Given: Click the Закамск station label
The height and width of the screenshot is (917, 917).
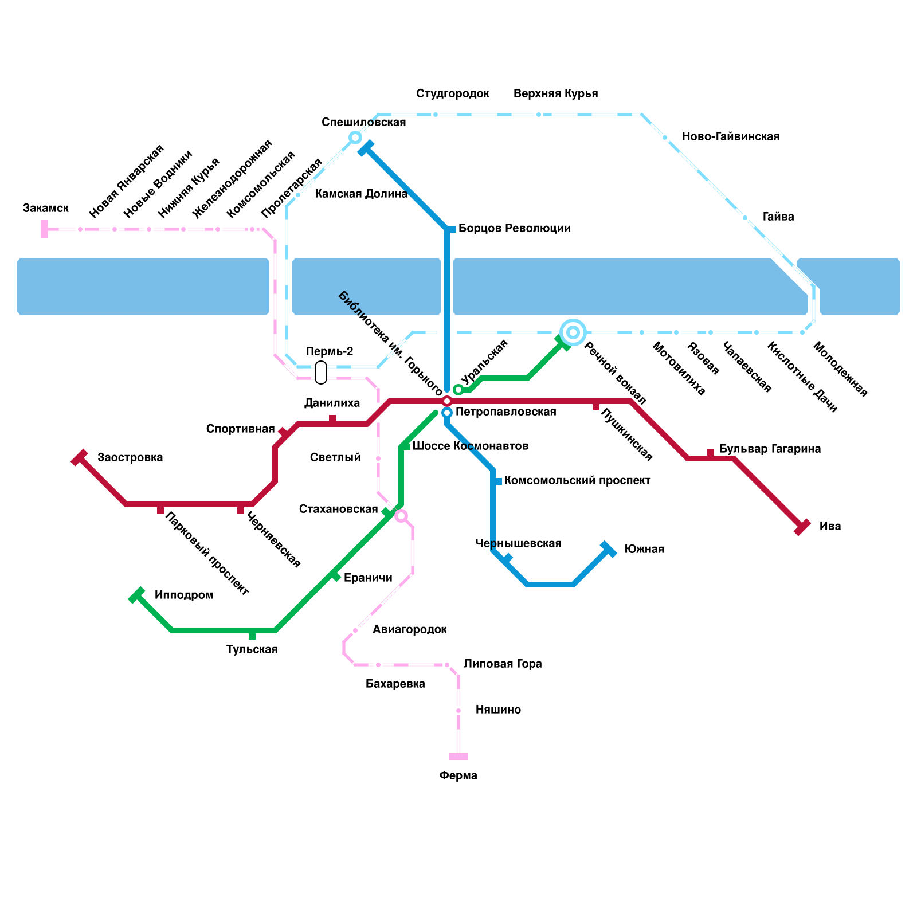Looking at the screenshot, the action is pos(46,208).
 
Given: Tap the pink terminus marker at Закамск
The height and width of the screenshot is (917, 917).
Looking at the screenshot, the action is pos(44,229).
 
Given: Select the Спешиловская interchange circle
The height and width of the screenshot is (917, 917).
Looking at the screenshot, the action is pos(355,138).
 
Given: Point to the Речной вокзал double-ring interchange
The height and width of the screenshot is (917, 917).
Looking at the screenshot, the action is pos(573,332).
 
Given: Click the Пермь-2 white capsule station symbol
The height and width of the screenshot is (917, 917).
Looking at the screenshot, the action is pos(321,372).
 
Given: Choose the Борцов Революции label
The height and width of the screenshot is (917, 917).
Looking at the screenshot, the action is pos(514,229).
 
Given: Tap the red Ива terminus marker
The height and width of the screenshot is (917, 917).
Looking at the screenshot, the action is pos(802,527).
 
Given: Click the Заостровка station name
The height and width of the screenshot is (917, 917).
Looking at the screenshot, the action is pos(130,457).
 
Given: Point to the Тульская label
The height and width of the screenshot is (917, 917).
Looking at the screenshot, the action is pos(252,649).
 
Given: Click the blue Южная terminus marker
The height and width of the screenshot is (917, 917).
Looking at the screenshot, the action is pos(608,549).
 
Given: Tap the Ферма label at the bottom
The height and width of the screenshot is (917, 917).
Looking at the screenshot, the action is pos(458,775).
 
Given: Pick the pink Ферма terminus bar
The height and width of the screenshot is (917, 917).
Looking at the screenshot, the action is pos(458,757).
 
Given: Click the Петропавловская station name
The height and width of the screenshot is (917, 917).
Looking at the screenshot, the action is pos(505,412).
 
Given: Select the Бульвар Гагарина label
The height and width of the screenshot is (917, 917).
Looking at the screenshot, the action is pos(770,449).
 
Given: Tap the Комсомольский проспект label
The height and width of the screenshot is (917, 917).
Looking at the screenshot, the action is pos(577,480).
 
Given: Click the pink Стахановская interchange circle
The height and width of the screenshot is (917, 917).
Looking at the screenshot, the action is pos(401,516).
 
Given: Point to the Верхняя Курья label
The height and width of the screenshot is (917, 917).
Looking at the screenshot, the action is pos(555,93).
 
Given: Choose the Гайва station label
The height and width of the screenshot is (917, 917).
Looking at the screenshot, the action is pos(778,217).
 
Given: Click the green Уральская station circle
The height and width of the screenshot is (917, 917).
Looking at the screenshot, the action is pos(458,390).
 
